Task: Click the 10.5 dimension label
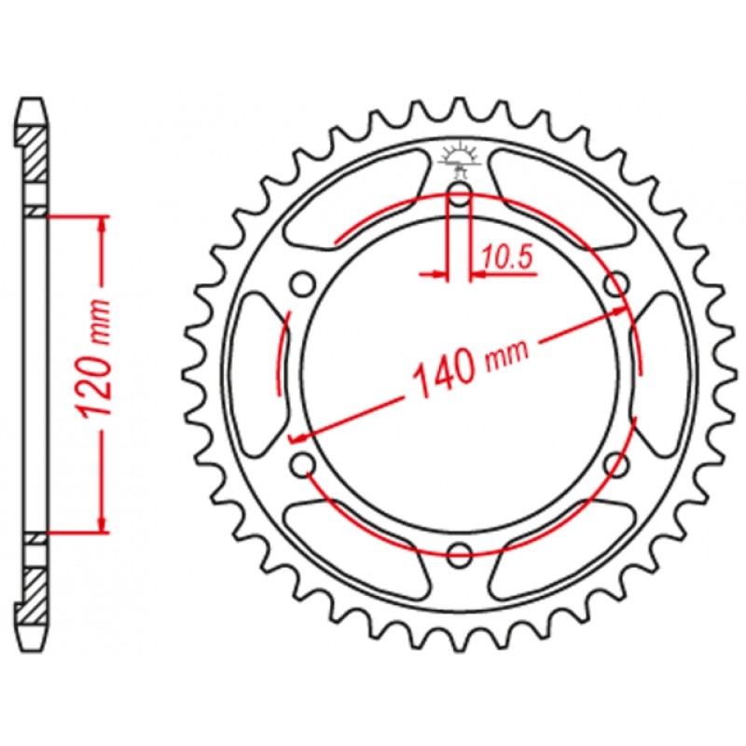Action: click(506, 258)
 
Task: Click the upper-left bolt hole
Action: click(303, 284)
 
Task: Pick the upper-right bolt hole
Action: click(616, 284)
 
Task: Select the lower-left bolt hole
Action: click(303, 464)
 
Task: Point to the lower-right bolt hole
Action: click(617, 464)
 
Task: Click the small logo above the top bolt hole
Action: click(460, 158)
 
